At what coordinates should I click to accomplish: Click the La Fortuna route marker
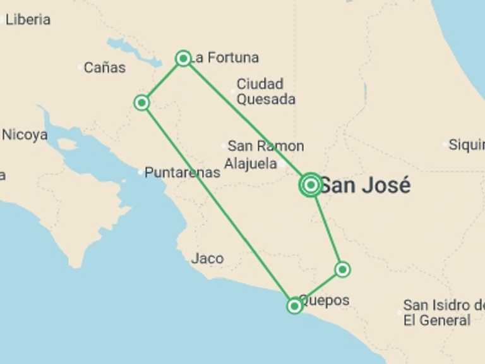coord(183,59)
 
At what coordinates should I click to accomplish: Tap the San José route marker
coord(311,185)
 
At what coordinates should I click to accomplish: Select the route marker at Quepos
coord(294,306)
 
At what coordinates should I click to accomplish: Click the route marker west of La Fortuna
coord(142,102)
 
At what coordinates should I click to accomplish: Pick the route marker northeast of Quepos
coord(342,270)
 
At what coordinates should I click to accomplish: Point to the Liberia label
coord(28,20)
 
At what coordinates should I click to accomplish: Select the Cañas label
coord(105,68)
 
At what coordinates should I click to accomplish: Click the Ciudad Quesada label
coord(265,92)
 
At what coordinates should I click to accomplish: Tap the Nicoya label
coord(25,135)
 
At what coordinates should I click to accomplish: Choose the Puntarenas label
coord(183,172)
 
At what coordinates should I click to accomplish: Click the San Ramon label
coord(265,146)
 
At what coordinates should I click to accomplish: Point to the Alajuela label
coord(251,164)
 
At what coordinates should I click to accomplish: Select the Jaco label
coord(207,258)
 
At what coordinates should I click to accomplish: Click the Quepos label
coord(325,300)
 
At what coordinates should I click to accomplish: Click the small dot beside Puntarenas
coord(141,172)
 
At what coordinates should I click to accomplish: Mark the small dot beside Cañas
coord(80,67)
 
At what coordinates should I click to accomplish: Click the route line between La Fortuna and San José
coord(246,121)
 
